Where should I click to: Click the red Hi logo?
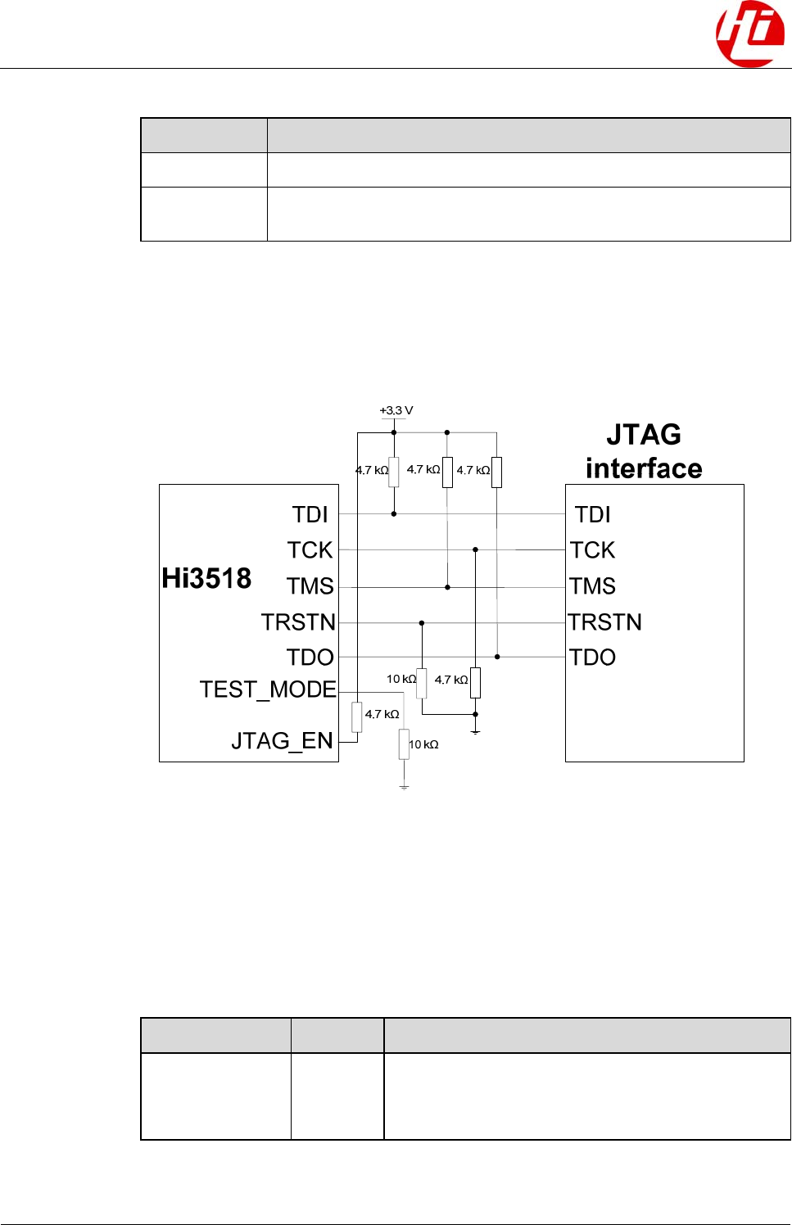click(x=749, y=34)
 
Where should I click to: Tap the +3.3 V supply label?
click(x=396, y=410)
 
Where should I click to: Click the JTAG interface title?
click(x=644, y=451)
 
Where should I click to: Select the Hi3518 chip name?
click(x=206, y=578)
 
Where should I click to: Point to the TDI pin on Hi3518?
click(x=310, y=514)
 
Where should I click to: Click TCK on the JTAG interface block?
click(x=592, y=550)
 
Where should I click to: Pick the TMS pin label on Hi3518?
click(x=310, y=586)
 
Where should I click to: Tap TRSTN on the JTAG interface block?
click(x=604, y=622)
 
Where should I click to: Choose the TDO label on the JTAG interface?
click(x=592, y=658)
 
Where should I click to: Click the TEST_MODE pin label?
click(x=268, y=689)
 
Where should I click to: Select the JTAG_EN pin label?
click(x=282, y=741)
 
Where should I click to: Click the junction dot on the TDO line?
click(x=497, y=657)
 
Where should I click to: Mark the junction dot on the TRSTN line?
click(x=422, y=623)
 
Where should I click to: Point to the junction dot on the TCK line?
click(x=475, y=549)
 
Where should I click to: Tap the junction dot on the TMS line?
click(x=447, y=587)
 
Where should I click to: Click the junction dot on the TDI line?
click(x=394, y=514)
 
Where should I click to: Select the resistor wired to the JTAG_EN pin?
click(x=357, y=716)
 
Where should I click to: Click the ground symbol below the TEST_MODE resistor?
click(x=404, y=786)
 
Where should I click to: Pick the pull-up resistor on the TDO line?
click(x=497, y=472)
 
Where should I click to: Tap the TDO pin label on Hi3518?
click(x=310, y=658)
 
